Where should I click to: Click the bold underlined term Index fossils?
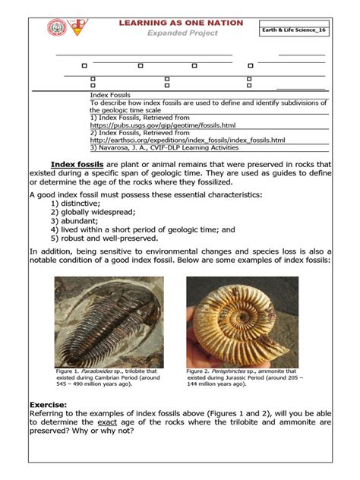pyautogui.click(x=77, y=164)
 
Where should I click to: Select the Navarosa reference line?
pyautogui.click(x=163, y=148)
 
